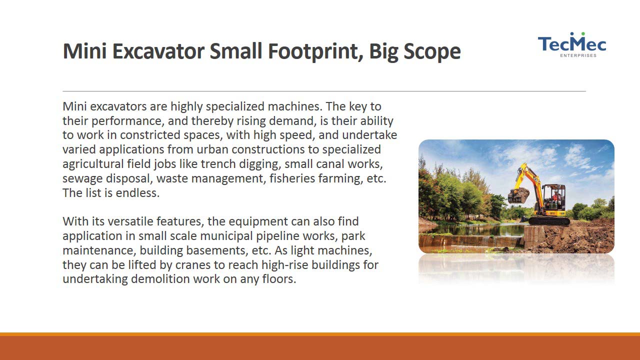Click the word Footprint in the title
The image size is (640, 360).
click(x=316, y=51)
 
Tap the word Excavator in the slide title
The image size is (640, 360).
click(x=158, y=51)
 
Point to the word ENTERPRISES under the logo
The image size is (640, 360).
click(x=578, y=55)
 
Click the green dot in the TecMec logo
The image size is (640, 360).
click(x=583, y=33)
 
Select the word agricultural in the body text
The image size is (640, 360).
click(x=93, y=164)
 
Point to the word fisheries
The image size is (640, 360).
click(x=292, y=178)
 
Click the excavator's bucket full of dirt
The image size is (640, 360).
click(x=518, y=195)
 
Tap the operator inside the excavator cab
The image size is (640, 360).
click(x=555, y=196)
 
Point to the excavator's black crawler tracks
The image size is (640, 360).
click(x=549, y=221)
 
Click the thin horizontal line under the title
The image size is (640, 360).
click(x=324, y=91)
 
